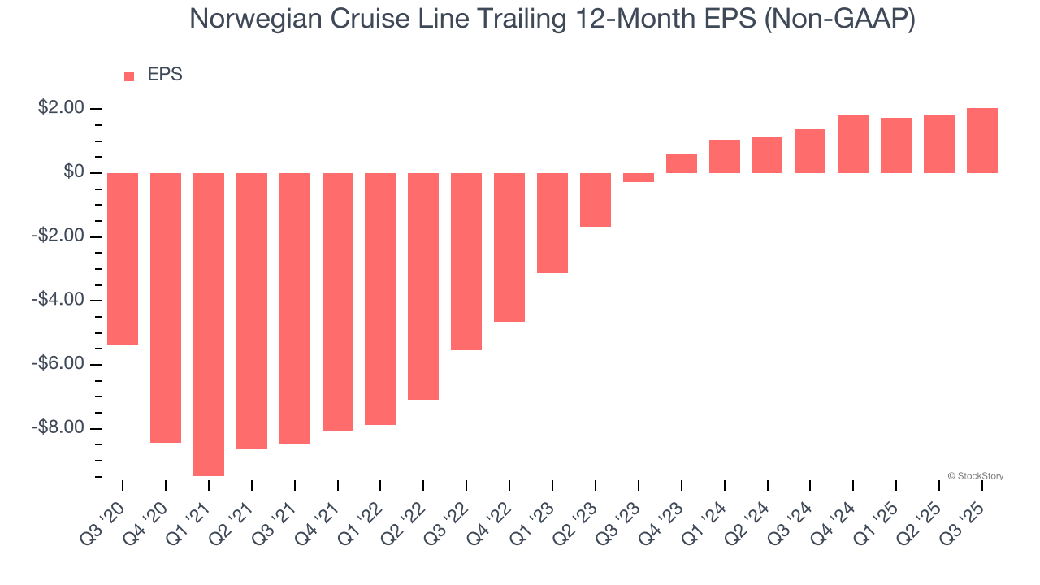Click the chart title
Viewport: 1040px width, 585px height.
[552, 19]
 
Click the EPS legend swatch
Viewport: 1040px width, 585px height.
[129, 76]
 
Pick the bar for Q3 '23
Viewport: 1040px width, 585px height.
[639, 177]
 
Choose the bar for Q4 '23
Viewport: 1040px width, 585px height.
[682, 163]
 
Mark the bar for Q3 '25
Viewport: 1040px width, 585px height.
[982, 141]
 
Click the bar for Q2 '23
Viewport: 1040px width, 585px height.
[596, 199]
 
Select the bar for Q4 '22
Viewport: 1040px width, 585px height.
[509, 247]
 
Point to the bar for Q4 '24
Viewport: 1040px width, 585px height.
[853, 144]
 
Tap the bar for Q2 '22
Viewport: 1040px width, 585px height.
[423, 286]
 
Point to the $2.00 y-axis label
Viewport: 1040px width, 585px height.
[61, 108]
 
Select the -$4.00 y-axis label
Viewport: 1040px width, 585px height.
[58, 300]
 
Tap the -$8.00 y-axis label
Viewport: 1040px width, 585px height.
[58, 427]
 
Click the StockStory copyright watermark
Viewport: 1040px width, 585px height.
[975, 476]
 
